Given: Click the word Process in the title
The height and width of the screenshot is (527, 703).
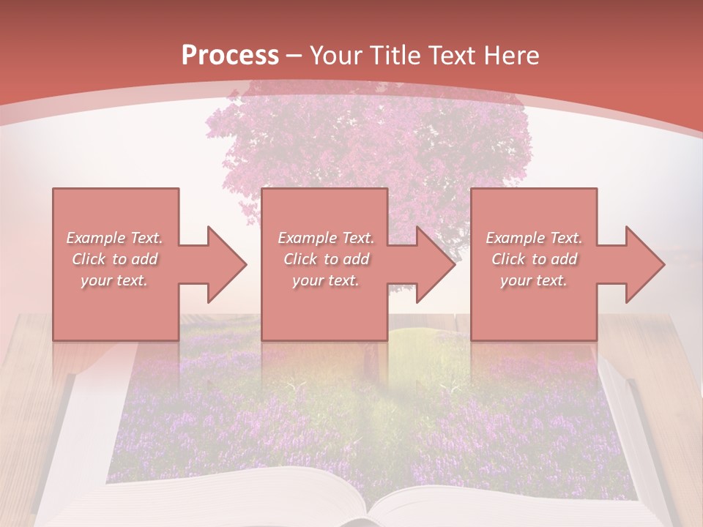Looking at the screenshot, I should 230,56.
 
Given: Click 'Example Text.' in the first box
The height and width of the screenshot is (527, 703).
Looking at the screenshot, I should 115,238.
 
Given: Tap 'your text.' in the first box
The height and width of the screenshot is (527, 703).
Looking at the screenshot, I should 115,280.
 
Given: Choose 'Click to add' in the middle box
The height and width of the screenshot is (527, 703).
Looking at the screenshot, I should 326,259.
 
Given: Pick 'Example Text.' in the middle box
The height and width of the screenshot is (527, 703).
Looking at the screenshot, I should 326,238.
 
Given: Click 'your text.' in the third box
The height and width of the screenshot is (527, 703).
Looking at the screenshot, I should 534,280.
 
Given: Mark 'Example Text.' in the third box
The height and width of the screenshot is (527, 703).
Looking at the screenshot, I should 534,238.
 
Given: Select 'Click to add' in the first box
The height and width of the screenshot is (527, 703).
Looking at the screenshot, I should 115,259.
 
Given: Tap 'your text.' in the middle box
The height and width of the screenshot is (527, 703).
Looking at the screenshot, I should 326,280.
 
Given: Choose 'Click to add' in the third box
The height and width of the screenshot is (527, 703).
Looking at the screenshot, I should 534,259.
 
